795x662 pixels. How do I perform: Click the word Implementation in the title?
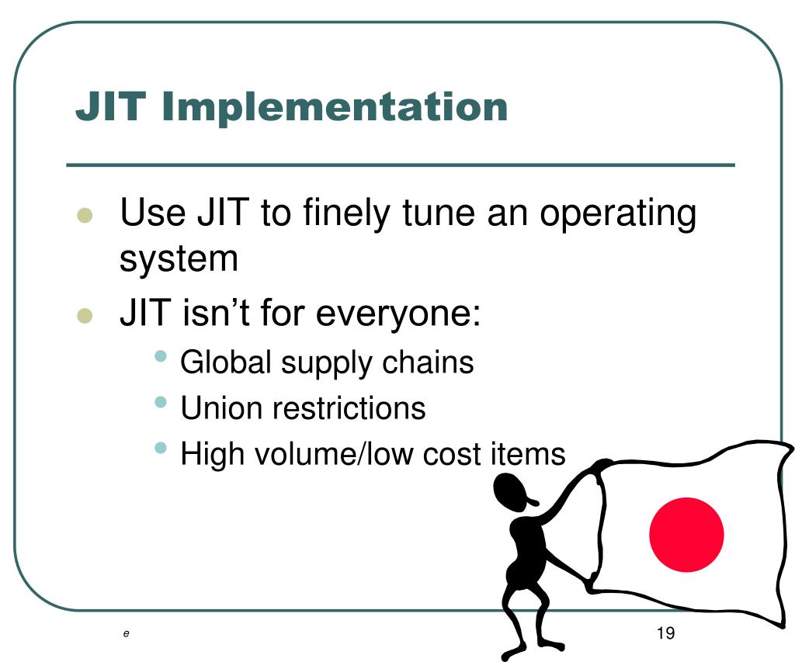pos(335,107)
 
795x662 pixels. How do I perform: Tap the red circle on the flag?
pos(686,535)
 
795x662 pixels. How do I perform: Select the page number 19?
pos(665,633)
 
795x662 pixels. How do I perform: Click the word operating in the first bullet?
pos(618,213)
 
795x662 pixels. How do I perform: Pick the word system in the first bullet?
pos(179,258)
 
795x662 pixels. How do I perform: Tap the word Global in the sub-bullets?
pos(226,362)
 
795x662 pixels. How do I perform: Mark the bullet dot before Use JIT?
pos(85,215)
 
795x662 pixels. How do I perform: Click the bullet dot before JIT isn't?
pos(85,316)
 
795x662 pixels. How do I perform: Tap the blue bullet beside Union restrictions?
pos(161,402)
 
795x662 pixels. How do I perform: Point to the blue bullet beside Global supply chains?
pos(161,356)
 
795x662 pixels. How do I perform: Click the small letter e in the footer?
pos(125,634)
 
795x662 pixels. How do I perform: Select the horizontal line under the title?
pos(400,165)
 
